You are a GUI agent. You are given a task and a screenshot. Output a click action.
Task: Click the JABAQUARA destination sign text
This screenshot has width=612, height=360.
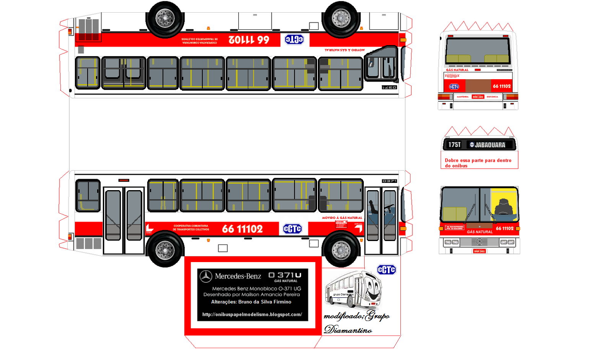490,145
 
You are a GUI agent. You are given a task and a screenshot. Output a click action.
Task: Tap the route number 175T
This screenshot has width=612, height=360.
454,145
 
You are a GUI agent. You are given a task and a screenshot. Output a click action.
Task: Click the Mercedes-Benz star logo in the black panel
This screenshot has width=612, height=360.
206,276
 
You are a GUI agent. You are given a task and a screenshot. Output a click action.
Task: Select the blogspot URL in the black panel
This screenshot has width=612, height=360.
252,314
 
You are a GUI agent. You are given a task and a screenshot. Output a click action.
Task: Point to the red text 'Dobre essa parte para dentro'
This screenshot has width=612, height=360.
478,161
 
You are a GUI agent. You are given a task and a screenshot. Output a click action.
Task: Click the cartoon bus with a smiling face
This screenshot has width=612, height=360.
353,290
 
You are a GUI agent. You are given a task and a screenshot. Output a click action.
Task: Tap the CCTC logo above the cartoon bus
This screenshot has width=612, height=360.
386,270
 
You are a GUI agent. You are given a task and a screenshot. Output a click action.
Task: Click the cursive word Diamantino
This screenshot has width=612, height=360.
348,330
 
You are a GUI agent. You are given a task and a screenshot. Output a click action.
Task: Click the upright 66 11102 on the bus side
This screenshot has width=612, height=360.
243,229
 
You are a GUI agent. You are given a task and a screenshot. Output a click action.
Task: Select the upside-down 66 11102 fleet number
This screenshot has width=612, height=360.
249,40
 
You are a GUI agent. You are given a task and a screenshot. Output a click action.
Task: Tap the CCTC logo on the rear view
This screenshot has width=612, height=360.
454,87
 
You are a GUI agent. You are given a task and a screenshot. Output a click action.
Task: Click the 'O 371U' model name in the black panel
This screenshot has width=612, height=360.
285,275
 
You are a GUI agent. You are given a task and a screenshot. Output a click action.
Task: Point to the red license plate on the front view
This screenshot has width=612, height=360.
479,251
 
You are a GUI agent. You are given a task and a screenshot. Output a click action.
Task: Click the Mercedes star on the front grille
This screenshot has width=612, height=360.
479,242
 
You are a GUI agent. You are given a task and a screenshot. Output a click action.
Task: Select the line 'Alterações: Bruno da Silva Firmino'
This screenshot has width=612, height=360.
251,302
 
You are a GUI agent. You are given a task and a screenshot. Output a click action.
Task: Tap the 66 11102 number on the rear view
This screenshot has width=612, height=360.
501,86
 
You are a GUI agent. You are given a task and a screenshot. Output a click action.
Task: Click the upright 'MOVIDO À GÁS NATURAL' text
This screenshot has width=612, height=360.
342,218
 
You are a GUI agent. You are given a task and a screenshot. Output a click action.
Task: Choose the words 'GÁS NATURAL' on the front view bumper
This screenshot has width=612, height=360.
480,232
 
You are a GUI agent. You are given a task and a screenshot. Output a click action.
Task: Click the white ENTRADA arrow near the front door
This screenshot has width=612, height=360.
358,228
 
